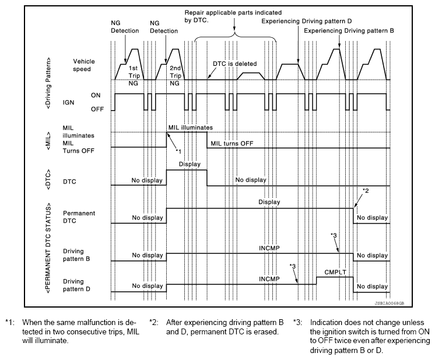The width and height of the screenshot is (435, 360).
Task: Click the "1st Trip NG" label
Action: [x=133, y=76]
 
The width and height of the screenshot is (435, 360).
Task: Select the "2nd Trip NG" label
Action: [x=175, y=76]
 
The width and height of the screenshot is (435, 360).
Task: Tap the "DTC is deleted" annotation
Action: [x=234, y=63]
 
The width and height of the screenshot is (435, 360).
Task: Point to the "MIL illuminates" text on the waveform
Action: [x=191, y=128]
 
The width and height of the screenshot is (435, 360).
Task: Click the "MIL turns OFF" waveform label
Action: [x=232, y=143]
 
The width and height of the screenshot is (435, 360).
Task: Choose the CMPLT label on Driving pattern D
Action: [x=335, y=272]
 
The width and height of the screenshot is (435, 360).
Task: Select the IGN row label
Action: [x=68, y=103]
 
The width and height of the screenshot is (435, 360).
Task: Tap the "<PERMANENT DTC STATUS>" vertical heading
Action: [x=48, y=248]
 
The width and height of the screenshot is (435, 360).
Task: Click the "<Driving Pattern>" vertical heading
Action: [x=48, y=83]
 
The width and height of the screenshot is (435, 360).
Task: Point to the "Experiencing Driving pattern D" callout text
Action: [x=307, y=21]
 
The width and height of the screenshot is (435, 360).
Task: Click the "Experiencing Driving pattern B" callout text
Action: [x=349, y=30]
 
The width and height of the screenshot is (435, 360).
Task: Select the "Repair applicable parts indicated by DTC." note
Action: [x=233, y=16]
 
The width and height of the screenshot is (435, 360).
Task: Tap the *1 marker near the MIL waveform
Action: [x=178, y=151]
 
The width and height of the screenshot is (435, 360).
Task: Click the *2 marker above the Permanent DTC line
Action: [x=366, y=190]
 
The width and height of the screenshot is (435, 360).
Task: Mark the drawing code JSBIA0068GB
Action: [x=389, y=303]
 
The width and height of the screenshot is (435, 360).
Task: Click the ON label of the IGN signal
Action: [x=96, y=96]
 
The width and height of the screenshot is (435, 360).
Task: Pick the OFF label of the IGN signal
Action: [x=97, y=109]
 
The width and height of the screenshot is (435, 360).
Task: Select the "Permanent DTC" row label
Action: [x=79, y=217]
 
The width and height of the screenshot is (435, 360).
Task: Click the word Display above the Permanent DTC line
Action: [x=269, y=202]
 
